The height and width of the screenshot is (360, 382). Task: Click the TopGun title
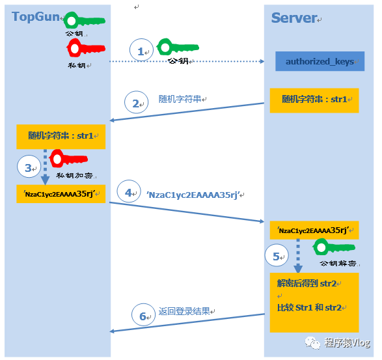coord(36,17)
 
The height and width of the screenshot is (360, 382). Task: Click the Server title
coord(294,18)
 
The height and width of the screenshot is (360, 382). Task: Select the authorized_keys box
coord(320,61)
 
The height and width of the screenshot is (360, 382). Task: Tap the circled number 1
coord(141,50)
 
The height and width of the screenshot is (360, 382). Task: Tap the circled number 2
coord(136,102)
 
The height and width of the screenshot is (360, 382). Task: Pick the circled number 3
coord(29,167)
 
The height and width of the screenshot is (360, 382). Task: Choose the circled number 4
coord(129,191)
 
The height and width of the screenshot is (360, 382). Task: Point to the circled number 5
coord(277,255)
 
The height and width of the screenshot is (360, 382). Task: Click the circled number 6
coord(143,315)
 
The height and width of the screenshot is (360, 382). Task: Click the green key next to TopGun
coord(84,20)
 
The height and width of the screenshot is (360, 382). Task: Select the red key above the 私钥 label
coord(86,48)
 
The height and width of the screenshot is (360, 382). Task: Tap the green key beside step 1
coord(178,47)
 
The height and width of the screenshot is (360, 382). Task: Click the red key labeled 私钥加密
coord(68,159)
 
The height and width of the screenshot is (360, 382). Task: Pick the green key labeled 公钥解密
coord(334,247)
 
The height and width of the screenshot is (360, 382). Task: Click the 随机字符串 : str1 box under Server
coord(314,100)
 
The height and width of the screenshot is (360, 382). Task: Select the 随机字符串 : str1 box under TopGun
coord(61,137)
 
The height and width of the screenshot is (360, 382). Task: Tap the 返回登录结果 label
coord(184,311)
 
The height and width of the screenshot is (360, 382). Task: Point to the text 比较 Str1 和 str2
coord(309,308)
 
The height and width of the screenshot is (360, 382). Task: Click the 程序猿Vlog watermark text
coord(347,342)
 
